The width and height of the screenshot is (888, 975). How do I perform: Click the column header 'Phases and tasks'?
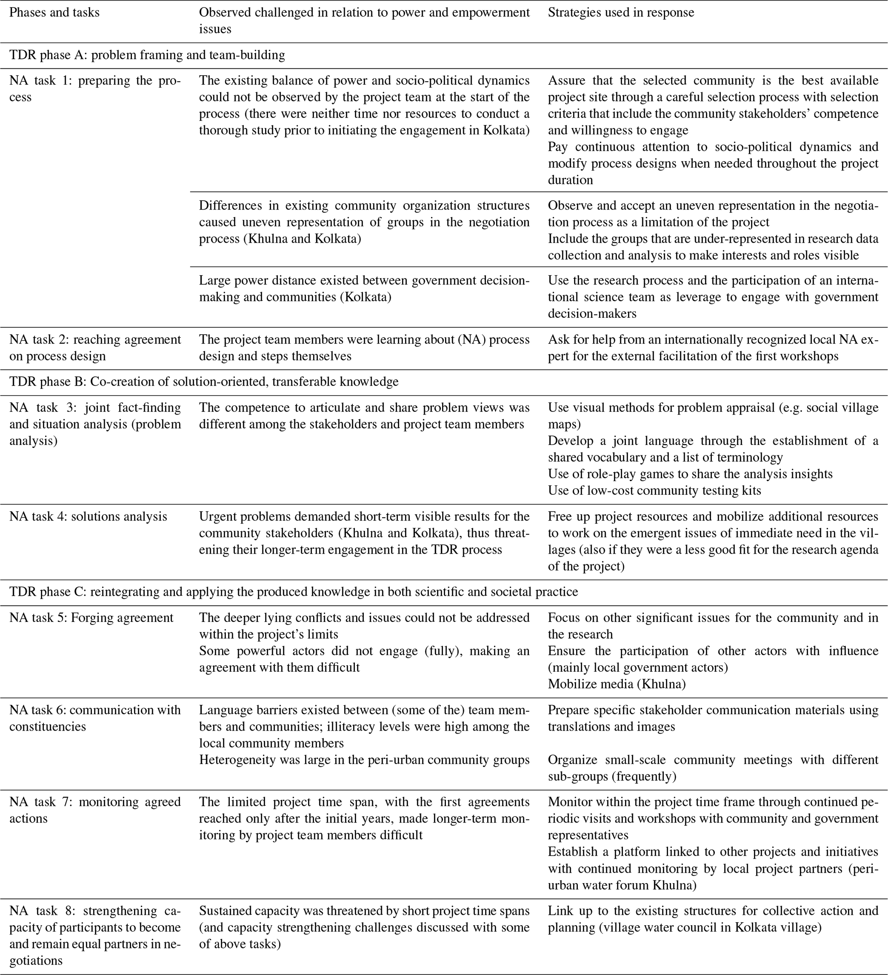[x=54, y=12]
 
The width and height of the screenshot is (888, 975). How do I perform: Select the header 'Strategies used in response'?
[x=620, y=12]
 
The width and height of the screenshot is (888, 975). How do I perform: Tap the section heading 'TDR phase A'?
[x=146, y=55]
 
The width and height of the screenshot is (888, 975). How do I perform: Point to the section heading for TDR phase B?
[x=204, y=381]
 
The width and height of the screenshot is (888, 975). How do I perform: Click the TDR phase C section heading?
[x=293, y=591]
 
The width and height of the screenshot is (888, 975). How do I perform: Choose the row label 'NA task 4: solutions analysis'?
[x=88, y=517]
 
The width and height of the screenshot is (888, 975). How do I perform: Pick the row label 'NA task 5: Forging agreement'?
[x=91, y=618]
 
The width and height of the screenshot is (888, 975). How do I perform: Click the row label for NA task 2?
[x=95, y=348]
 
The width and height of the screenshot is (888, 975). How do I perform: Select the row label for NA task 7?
[x=95, y=810]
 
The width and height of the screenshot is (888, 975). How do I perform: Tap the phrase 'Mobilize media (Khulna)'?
[x=616, y=684]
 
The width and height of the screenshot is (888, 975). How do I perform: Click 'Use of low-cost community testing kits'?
[x=654, y=491]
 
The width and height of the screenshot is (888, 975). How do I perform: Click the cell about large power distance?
[x=364, y=289]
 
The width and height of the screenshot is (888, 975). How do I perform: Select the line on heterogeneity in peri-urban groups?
[x=364, y=760]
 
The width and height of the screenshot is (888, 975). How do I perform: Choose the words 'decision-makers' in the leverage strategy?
[x=592, y=314]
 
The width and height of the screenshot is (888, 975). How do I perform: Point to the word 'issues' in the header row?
[x=215, y=29]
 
